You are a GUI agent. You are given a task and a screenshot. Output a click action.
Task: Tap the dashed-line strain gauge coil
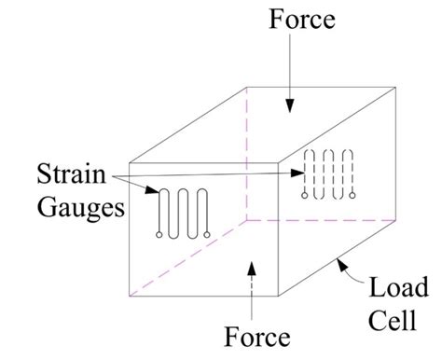pyautogui.click(x=329, y=173)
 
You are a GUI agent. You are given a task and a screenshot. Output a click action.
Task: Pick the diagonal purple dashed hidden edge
pyautogui.click(x=186, y=258)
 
